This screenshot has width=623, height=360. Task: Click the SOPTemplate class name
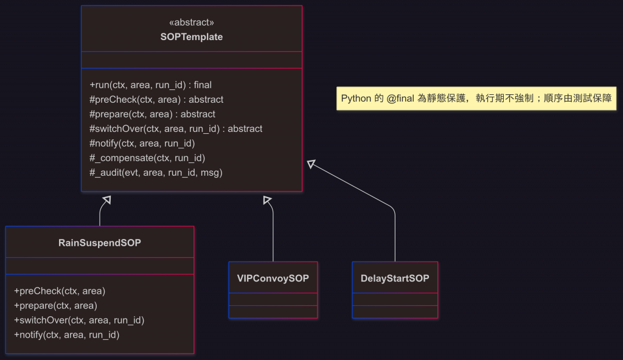[x=191, y=36]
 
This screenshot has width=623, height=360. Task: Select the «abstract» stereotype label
[x=191, y=22]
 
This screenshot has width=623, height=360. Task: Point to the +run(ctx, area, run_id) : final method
[x=150, y=85]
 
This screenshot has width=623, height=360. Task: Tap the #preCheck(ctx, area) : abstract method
[x=156, y=100]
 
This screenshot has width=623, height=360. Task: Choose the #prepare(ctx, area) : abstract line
[x=152, y=114]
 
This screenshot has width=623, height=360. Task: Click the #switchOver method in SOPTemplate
[x=176, y=129]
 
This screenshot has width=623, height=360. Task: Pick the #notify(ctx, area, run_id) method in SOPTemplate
[x=142, y=144]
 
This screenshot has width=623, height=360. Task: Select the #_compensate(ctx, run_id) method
[x=147, y=158]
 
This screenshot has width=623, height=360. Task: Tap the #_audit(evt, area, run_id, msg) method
[x=156, y=173]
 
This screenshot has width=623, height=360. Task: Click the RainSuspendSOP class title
[x=100, y=243]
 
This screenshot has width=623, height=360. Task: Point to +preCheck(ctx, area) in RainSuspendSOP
[x=60, y=291]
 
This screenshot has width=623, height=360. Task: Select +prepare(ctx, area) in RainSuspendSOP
[x=55, y=305]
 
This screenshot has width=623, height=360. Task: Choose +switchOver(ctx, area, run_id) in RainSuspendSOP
[x=78, y=320]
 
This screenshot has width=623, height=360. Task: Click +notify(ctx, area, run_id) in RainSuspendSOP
[x=66, y=334]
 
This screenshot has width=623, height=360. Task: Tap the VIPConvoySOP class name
[x=273, y=279]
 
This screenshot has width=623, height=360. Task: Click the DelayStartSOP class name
[x=395, y=279]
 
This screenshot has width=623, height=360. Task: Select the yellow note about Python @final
[x=476, y=98]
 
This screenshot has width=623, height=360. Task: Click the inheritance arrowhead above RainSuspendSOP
[x=106, y=199]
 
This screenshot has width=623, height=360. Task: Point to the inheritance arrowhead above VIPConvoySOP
[x=266, y=199]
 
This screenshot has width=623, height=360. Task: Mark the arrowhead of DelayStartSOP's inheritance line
[x=311, y=164]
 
